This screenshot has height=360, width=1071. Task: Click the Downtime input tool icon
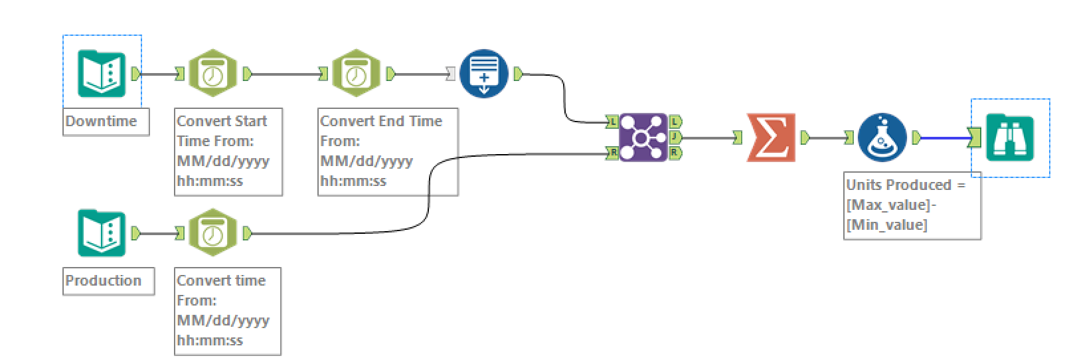pyautogui.click(x=102, y=73)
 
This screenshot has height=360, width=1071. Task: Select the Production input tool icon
pyautogui.click(x=102, y=233)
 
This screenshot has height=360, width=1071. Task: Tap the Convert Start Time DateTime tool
pyautogui.click(x=212, y=73)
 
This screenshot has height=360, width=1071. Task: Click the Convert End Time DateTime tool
pyautogui.click(x=356, y=73)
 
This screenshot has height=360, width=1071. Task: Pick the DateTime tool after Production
pyautogui.click(x=212, y=233)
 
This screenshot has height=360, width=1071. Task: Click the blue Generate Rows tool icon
pyautogui.click(x=483, y=73)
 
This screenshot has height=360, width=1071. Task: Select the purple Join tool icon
pyautogui.click(x=642, y=137)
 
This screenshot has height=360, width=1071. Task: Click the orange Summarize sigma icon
pyautogui.click(x=771, y=137)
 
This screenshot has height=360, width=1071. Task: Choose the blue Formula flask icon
pyautogui.click(x=882, y=137)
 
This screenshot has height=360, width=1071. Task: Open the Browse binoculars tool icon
pyautogui.click(x=1009, y=137)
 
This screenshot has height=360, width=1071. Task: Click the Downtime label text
pyautogui.click(x=101, y=122)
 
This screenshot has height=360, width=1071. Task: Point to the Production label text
pyautogui.click(x=103, y=280)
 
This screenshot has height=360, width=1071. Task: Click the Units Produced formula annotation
pyautogui.click(x=905, y=205)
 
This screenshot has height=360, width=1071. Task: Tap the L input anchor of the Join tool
pyautogui.click(x=612, y=122)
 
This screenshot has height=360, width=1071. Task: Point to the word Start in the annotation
pyautogui.click(x=251, y=122)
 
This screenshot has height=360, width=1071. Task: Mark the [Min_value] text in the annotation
pyautogui.click(x=886, y=225)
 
